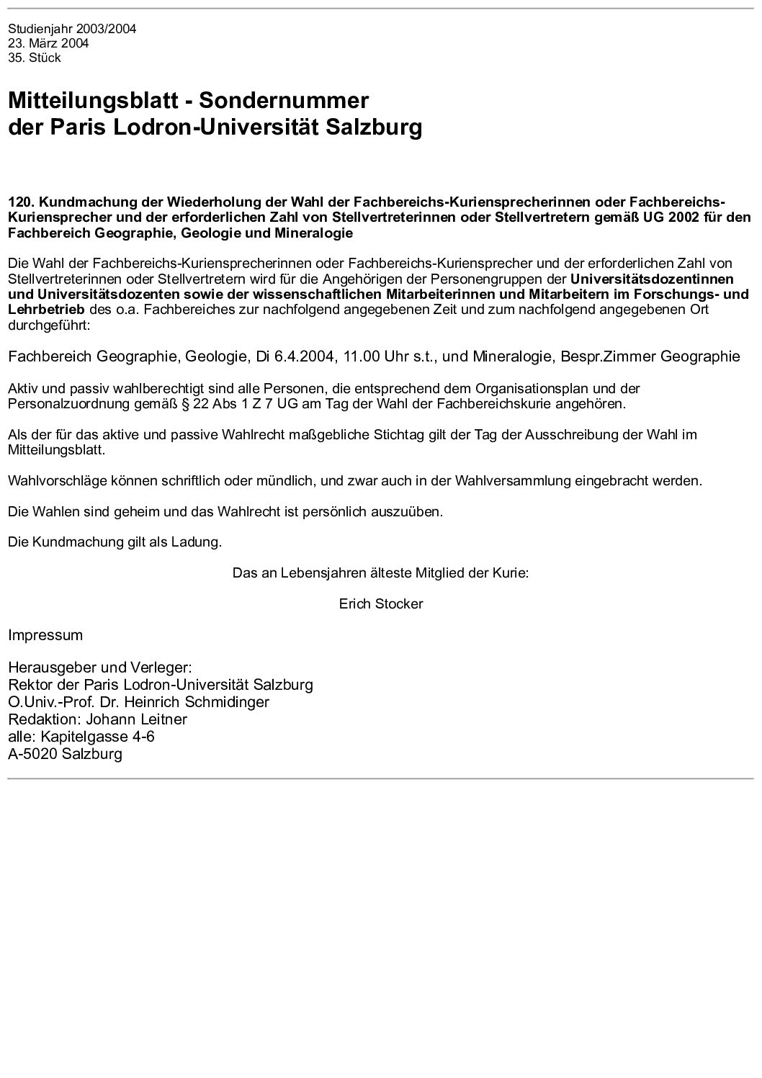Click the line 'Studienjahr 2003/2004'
click(72, 30)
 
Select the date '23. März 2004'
click(48, 44)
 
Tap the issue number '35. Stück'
click(35, 58)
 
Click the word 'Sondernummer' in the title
click(284, 100)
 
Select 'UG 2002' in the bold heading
click(673, 217)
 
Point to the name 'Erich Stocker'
click(381, 604)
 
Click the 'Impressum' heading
click(45, 636)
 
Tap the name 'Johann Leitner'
click(137, 719)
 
